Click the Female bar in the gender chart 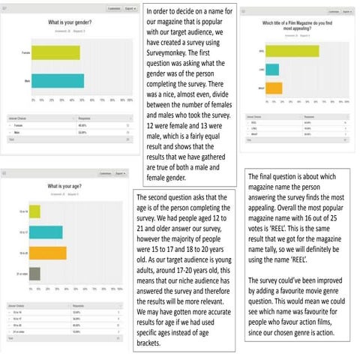pyautogui.click(x=55, y=52)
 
